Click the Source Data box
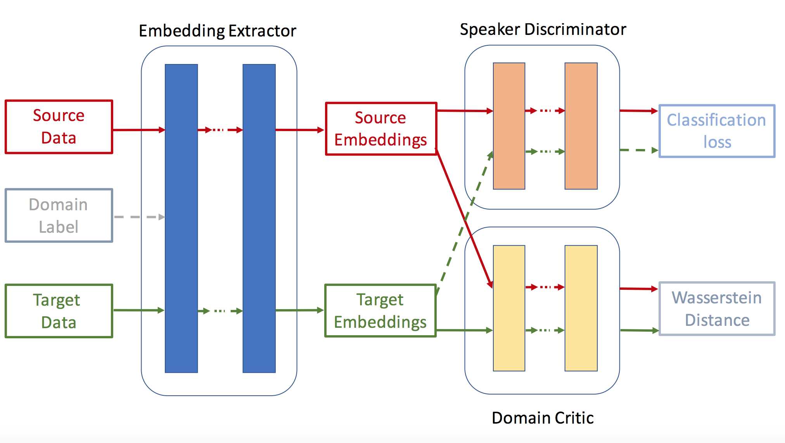[x=59, y=127]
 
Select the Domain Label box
[x=59, y=216]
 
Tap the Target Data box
[x=59, y=311]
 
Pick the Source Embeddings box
[x=381, y=129]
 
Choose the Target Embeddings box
[x=380, y=311]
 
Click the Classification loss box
[x=717, y=131]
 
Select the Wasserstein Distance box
[x=717, y=309]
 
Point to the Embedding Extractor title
[x=218, y=31]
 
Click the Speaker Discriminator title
[x=543, y=29]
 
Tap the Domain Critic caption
[x=543, y=418]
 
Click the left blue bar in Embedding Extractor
[x=182, y=218]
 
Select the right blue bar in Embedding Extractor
[x=259, y=218]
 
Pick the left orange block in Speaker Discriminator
[x=509, y=126]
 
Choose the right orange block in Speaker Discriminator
[x=581, y=126]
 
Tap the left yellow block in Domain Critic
[x=509, y=308]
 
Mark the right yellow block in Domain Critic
[x=581, y=308]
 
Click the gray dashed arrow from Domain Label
[x=140, y=217]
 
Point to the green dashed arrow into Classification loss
[x=639, y=150]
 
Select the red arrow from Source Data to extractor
[x=139, y=130]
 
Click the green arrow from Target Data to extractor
[x=139, y=310]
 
